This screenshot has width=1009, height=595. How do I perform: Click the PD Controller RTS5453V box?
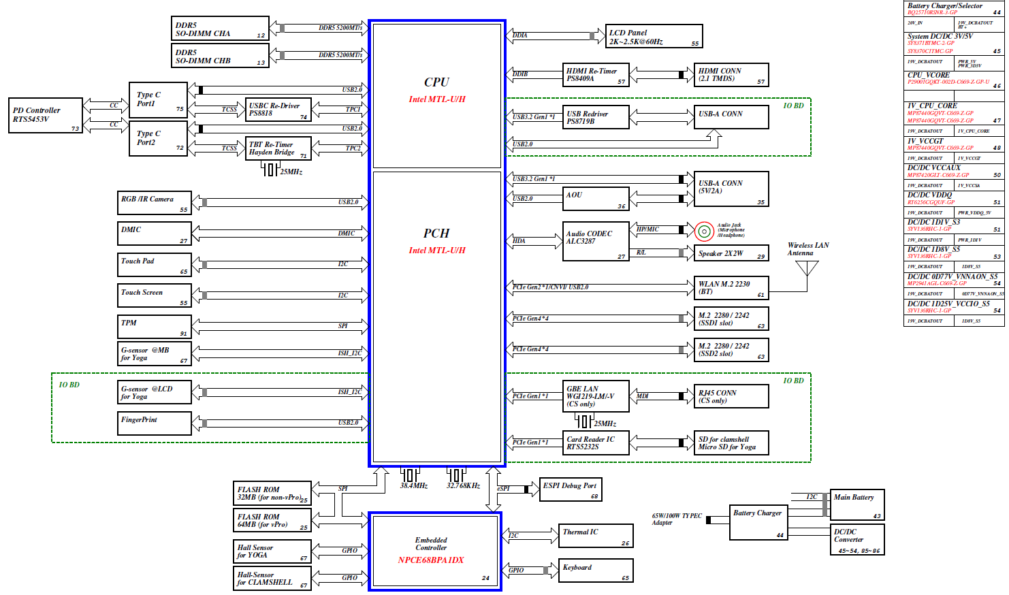tap(46, 115)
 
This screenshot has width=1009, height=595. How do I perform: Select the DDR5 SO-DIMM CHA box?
tap(219, 29)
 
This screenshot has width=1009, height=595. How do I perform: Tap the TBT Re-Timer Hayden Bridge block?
tap(278, 148)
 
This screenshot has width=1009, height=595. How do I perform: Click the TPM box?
tap(155, 327)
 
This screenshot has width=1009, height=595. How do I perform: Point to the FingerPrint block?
tap(155, 423)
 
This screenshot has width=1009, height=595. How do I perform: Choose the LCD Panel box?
tap(653, 36)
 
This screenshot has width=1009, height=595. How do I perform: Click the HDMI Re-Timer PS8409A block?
tap(596, 74)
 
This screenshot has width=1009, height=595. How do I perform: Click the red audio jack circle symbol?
tap(704, 231)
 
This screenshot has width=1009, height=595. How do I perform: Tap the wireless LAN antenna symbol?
tap(807, 268)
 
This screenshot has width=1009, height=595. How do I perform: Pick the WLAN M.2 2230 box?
tap(731, 287)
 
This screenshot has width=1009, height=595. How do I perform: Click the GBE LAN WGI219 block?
tap(596, 396)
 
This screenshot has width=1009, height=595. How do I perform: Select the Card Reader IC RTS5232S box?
tap(596, 443)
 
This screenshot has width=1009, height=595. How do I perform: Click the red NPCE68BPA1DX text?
tap(430, 560)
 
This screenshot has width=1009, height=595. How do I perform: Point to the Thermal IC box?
tap(596, 536)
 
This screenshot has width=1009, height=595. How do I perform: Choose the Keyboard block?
tap(596, 570)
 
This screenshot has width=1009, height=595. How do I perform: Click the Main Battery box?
tap(856, 504)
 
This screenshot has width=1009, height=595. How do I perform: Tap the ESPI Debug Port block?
tap(571, 489)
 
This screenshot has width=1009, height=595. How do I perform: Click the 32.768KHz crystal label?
tap(463, 486)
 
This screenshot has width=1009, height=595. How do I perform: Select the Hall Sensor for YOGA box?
tap(272, 551)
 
